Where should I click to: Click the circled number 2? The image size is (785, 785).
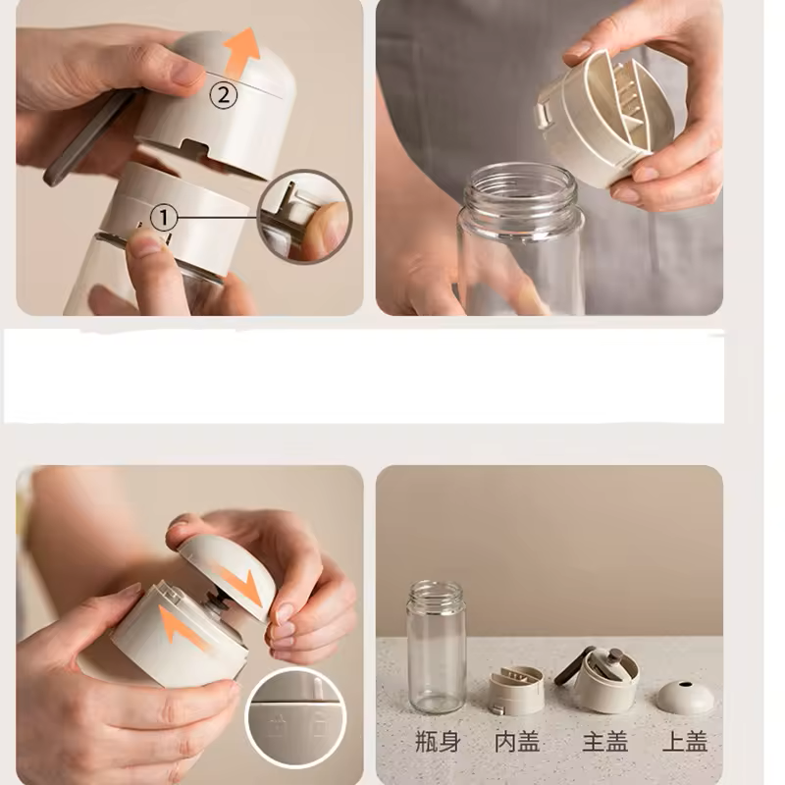[224, 94]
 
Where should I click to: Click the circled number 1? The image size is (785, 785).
[163, 218]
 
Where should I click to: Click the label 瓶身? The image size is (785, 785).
[438, 742]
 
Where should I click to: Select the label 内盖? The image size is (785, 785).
[517, 742]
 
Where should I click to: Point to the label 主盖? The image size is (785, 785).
[604, 742]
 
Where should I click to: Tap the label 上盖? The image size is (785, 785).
[684, 742]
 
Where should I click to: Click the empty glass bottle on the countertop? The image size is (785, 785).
[436, 647]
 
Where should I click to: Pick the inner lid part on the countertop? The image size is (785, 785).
[516, 690]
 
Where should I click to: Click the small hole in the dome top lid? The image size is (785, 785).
[685, 684]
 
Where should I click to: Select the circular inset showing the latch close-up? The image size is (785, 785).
[304, 217]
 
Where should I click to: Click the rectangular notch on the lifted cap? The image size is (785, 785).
[194, 147]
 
